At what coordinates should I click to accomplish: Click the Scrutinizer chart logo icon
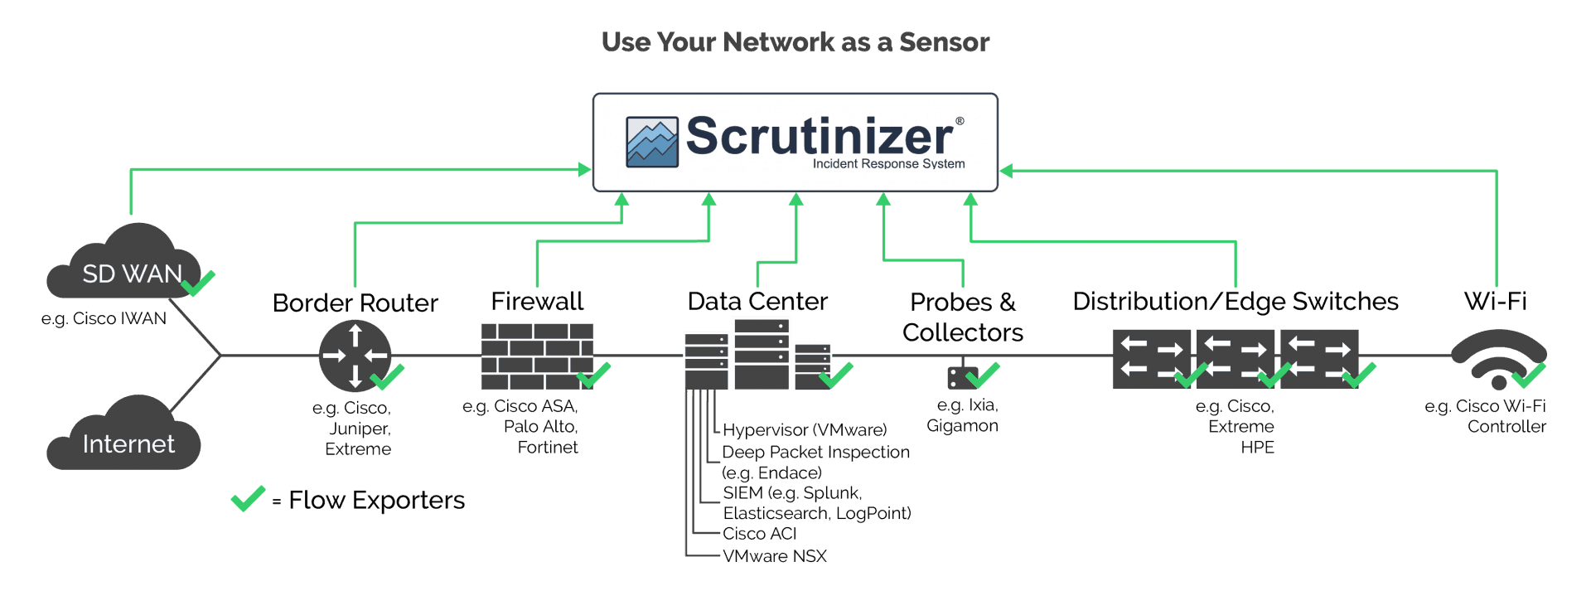click(652, 143)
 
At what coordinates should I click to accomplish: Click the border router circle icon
click(354, 356)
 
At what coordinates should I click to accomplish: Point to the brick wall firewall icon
click(537, 356)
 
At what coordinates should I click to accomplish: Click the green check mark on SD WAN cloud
click(198, 283)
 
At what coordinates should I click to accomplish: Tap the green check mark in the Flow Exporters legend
click(248, 498)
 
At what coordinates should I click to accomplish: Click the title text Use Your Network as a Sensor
click(795, 42)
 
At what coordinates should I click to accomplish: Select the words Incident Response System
click(888, 164)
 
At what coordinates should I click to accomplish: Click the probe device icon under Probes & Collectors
click(961, 378)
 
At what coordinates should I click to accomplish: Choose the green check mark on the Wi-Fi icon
click(1528, 375)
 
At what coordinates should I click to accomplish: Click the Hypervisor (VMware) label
click(804, 430)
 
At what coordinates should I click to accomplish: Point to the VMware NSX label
click(774, 556)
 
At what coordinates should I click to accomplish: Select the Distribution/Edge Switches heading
click(1235, 302)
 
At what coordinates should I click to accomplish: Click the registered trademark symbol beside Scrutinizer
click(960, 121)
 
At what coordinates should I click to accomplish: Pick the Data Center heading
click(757, 302)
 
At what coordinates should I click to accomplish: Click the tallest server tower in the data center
click(762, 353)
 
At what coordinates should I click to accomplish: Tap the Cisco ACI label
click(759, 534)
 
